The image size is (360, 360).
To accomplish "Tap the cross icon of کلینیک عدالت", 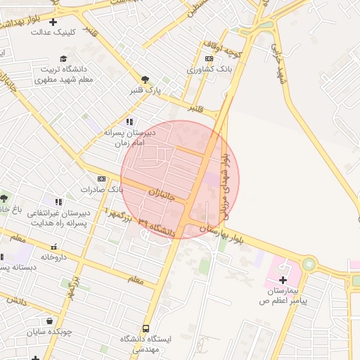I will (52, 22).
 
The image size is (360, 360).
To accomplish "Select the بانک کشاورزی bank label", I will (209, 70).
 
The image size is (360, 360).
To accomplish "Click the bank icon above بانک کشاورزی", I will (209, 59).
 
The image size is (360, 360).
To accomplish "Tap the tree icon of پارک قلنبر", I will (145, 79).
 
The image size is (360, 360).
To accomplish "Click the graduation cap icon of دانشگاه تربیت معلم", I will (63, 58).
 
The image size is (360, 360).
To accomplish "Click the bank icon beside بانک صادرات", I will (101, 179).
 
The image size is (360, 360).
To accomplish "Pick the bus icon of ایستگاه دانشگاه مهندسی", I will (146, 328).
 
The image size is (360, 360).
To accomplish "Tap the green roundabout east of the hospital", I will (309, 265).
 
